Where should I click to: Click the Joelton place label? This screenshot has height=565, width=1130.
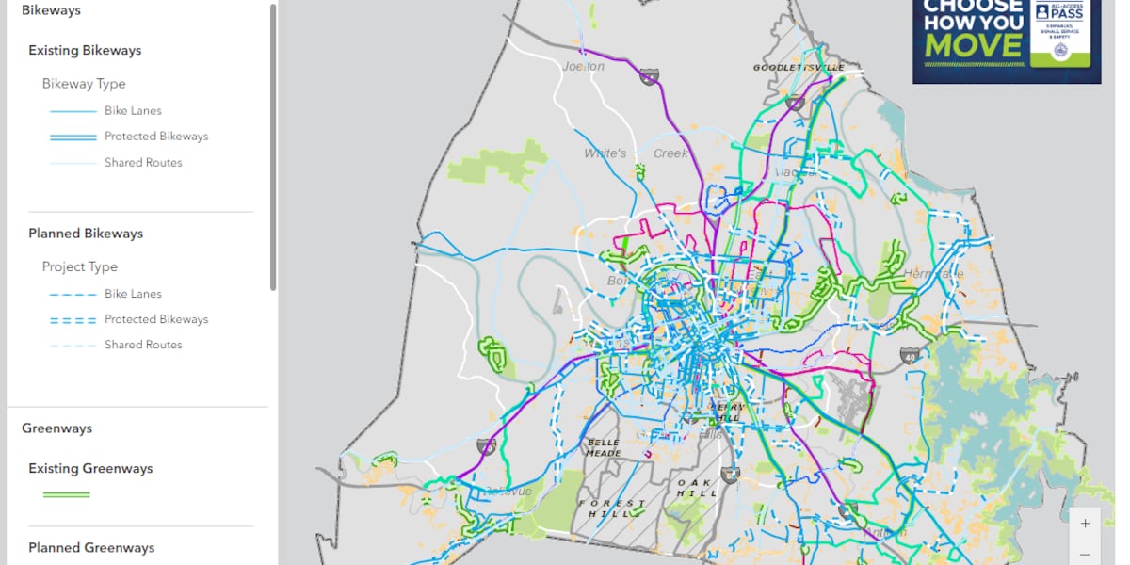pos(582,66)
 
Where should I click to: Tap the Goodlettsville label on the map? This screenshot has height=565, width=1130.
pos(796,68)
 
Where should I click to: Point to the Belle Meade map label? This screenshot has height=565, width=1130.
pos(604,447)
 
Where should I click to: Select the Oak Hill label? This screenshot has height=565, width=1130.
pos(696,488)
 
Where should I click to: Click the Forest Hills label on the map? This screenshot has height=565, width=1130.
pos(612,508)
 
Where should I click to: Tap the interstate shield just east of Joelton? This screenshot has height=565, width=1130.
pos(649,76)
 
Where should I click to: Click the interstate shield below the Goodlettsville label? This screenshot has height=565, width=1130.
pos(796,102)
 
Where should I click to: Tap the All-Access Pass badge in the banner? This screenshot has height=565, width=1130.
pos(1059,33)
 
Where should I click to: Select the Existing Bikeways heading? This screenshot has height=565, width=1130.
pos(85,51)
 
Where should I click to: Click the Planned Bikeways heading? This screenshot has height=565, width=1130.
pos(86,234)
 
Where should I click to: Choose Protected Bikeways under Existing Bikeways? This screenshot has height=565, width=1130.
pos(156,137)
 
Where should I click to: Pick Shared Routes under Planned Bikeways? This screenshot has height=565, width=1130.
pos(143,345)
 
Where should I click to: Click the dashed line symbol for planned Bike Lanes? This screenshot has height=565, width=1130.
pos(73,294)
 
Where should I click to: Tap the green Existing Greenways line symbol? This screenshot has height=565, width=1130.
pos(67,494)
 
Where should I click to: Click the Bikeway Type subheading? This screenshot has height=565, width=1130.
pos(84,84)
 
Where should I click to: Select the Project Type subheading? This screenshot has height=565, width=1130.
pos(80,266)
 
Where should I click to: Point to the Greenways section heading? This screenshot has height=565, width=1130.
pos(57,428)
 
